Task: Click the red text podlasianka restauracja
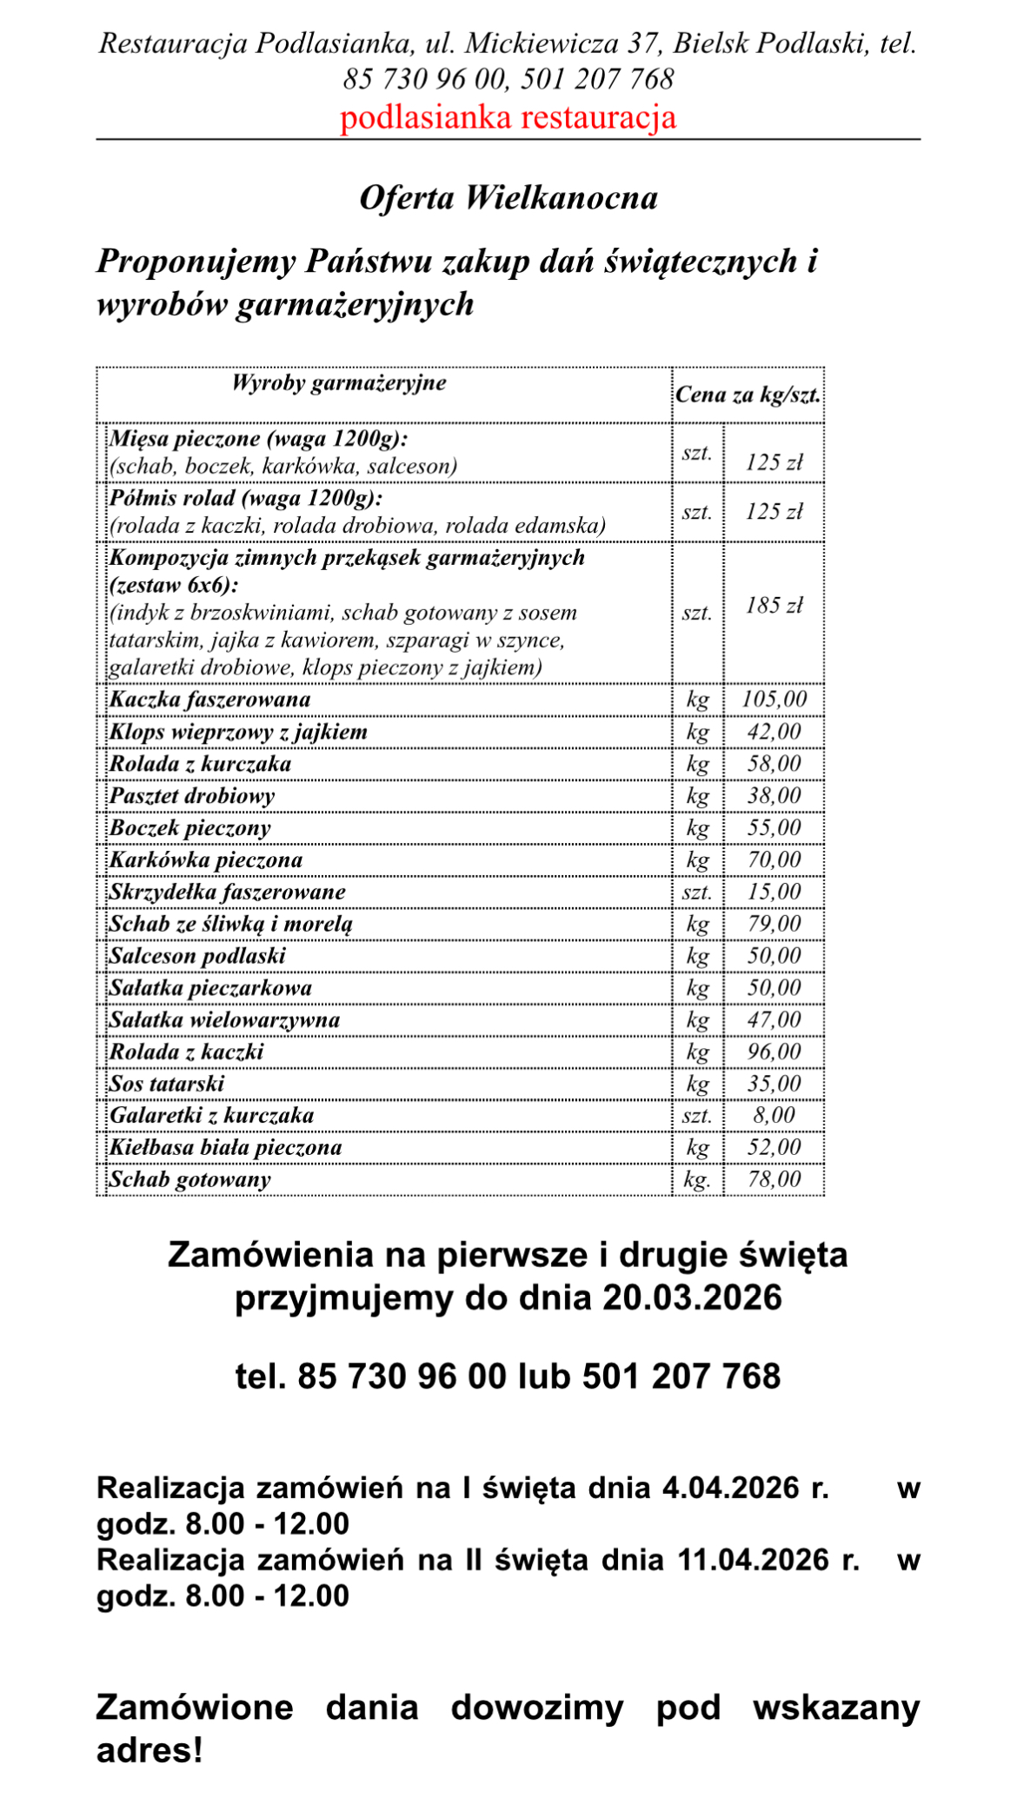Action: [x=508, y=117]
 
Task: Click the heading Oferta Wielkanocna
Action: [x=508, y=198]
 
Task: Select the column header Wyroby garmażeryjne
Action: [x=339, y=383]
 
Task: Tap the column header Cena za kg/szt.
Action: [x=748, y=395]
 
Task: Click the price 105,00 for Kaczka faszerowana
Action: [x=774, y=700]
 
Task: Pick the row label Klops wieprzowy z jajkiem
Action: [x=238, y=732]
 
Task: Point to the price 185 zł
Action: [x=774, y=606]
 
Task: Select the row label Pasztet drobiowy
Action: [x=192, y=796]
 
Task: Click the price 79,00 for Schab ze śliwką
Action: [x=774, y=924]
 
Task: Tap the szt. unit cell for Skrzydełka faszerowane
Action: [x=697, y=893]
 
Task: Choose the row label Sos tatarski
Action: [x=167, y=1084]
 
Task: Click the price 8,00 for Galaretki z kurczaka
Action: [x=774, y=1116]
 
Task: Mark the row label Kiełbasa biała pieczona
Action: [x=226, y=1148]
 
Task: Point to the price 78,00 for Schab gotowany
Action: [x=774, y=1180]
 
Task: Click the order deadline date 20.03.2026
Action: [x=692, y=1297]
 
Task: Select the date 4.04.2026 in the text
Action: [x=730, y=1488]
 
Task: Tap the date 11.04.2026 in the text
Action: [x=753, y=1560]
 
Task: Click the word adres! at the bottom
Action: [x=150, y=1750]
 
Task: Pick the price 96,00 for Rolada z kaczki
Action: [x=774, y=1052]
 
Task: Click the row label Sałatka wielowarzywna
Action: [x=224, y=1020]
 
